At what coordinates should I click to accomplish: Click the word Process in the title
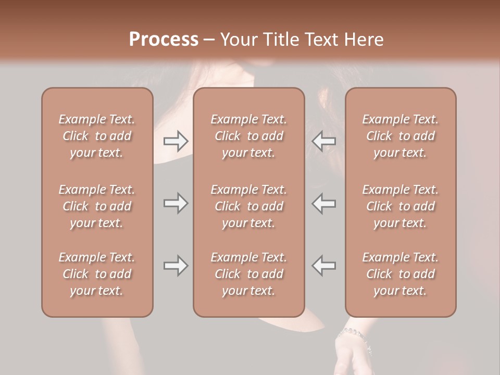click(x=164, y=40)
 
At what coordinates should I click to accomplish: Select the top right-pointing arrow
click(x=176, y=141)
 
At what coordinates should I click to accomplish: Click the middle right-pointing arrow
click(x=176, y=204)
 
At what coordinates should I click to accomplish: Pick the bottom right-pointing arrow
click(x=176, y=266)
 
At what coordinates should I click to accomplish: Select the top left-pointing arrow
click(x=324, y=141)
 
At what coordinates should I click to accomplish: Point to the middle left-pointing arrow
click(x=324, y=204)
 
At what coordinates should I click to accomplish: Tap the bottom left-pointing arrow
click(x=324, y=266)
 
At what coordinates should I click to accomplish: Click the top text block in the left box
click(x=97, y=136)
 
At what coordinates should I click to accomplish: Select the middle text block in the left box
click(x=97, y=206)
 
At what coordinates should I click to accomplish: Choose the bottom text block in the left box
click(x=97, y=274)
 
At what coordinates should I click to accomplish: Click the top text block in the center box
click(x=248, y=136)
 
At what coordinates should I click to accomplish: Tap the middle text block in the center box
click(x=248, y=206)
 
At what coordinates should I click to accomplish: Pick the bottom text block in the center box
click(x=248, y=274)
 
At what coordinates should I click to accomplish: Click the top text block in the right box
click(x=401, y=136)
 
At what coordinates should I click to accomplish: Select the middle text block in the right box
click(x=401, y=206)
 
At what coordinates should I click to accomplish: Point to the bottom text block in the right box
click(x=401, y=274)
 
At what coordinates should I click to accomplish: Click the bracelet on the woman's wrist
click(x=354, y=333)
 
